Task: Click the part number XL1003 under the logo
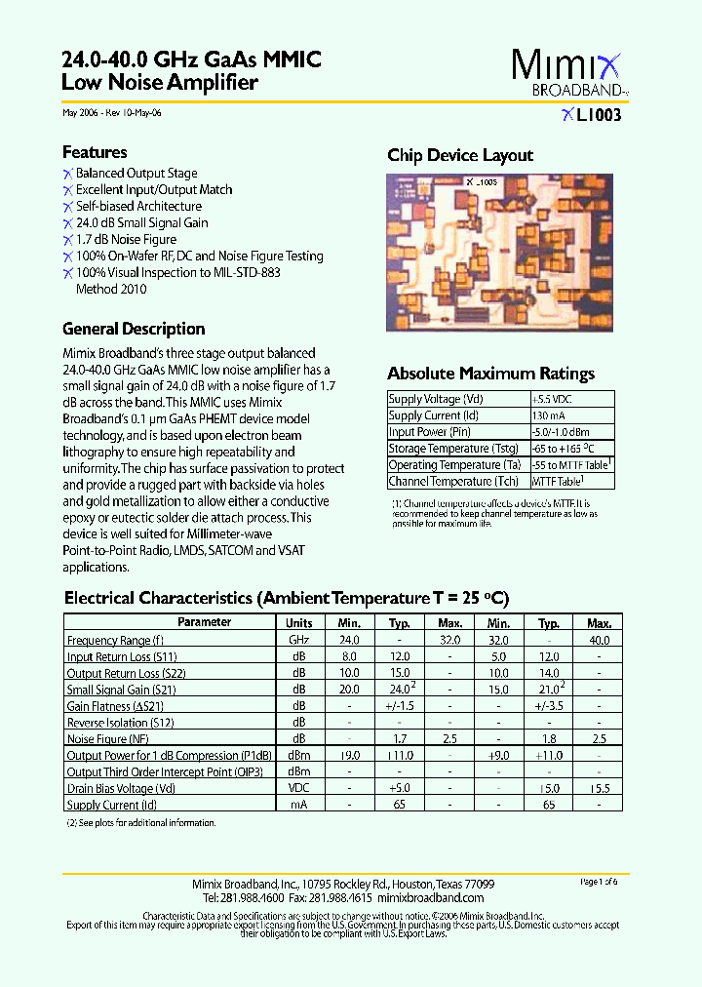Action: (x=591, y=114)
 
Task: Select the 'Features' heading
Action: (x=95, y=152)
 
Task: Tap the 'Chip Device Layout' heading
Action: (x=460, y=155)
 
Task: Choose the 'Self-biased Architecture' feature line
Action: (x=138, y=206)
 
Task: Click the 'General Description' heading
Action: (x=134, y=329)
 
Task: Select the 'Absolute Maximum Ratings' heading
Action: (x=490, y=374)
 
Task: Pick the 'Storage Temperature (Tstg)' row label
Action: (x=439, y=449)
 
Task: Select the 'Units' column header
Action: (x=299, y=622)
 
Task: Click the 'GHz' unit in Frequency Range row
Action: (x=299, y=640)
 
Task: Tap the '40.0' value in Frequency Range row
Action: (x=599, y=640)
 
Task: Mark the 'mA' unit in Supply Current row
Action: (x=299, y=806)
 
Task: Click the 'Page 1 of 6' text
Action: (x=599, y=882)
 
